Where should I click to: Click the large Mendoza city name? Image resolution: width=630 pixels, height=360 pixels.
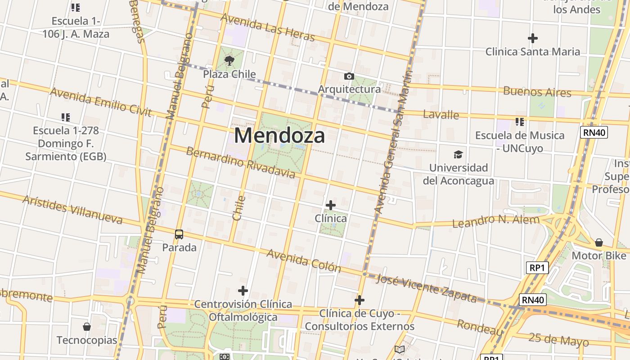tap(279, 135)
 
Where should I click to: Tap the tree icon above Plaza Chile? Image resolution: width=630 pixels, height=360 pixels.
tap(229, 60)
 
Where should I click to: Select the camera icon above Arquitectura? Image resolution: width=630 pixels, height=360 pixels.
tap(349, 76)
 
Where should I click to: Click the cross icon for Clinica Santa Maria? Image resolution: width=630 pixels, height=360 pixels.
tap(533, 38)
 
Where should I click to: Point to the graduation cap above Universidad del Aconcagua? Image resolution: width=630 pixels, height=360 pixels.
tap(458, 155)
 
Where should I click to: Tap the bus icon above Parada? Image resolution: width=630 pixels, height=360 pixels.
tap(179, 234)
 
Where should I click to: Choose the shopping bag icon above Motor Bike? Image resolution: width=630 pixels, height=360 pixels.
tap(598, 243)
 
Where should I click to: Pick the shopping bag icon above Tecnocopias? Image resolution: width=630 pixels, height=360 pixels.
tap(87, 327)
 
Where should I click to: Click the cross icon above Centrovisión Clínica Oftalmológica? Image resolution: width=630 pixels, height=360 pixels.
tap(243, 291)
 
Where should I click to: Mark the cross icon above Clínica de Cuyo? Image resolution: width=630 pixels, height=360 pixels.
tap(359, 300)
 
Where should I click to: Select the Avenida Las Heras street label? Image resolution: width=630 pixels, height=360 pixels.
tap(267, 27)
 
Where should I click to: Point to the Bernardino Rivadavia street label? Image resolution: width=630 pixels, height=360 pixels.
tap(240, 162)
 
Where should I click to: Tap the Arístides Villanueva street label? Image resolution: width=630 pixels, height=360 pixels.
tap(72, 210)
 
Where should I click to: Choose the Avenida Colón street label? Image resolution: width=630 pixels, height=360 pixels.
tap(304, 261)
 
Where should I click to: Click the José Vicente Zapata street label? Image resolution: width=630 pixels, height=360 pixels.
tap(426, 288)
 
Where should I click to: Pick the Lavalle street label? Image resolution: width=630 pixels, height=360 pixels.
tap(441, 114)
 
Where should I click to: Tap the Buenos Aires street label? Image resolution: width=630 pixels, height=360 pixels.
tap(537, 92)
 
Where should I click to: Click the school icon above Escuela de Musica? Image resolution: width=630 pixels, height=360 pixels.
tap(520, 122)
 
